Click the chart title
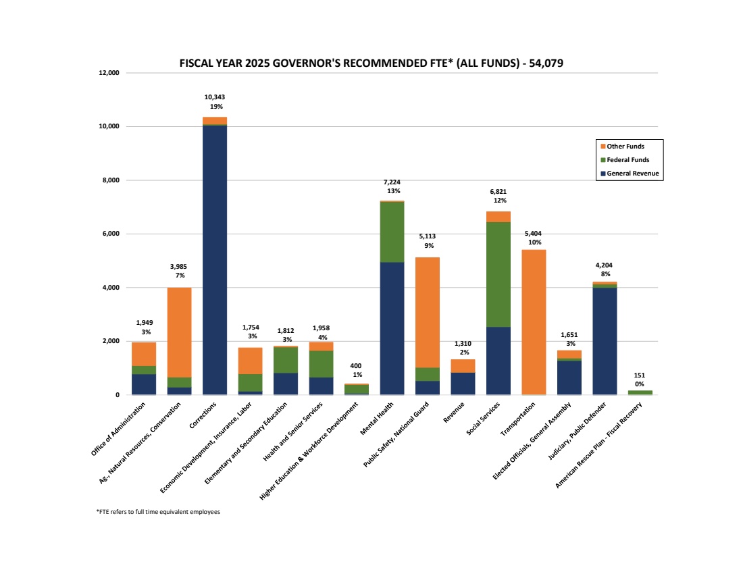pos(371,63)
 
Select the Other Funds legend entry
pos(622,147)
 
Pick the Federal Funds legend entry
pos(625,159)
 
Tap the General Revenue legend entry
pos(630,174)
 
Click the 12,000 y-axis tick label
pos(109,73)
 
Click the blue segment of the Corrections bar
pos(215,259)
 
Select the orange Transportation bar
pos(534,322)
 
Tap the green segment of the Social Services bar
pos(498,275)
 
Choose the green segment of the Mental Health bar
pos(392,232)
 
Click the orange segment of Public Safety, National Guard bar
pos(428,313)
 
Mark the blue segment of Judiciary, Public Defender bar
pos(605,341)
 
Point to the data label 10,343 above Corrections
pos(215,97)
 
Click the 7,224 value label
pos(392,182)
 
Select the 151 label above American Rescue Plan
pos(639,375)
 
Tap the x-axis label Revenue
pos(454,412)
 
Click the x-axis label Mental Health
pos(377,418)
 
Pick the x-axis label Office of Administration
pos(118,429)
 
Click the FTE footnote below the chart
pos(158,511)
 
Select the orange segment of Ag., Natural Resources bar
pos(179,332)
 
